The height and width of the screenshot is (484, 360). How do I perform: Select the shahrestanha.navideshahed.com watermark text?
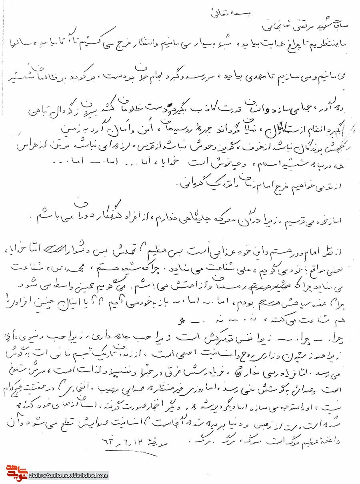click(x=68, y=476)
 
